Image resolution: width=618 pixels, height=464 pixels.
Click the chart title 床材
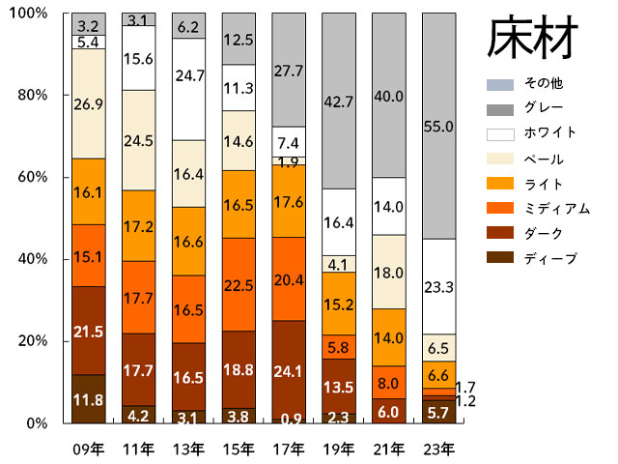[x=532, y=39]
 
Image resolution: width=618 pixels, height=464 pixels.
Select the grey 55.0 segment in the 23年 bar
[x=439, y=126]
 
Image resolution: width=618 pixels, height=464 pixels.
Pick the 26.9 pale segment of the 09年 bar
[x=88, y=103]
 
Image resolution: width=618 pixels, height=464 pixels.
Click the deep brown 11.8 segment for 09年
[x=88, y=398]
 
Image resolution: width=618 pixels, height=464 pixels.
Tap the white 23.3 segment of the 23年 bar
[x=439, y=286]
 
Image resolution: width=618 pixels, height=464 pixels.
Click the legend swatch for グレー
[x=498, y=108]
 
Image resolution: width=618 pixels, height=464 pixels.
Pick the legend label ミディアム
[x=550, y=209]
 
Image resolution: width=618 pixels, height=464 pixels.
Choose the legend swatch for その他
[x=498, y=83]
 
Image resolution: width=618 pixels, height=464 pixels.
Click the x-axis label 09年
[x=88, y=449]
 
